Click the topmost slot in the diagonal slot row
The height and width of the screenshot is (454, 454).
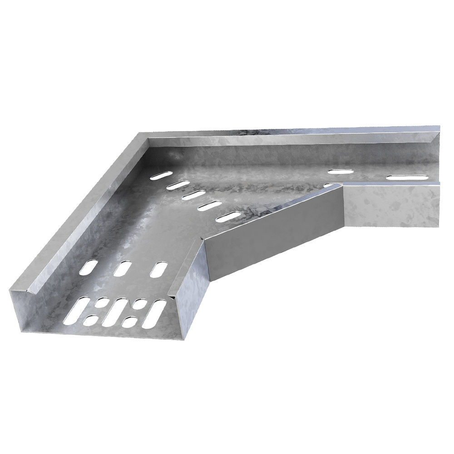(163, 175)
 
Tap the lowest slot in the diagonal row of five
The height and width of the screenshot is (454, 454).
(228, 217)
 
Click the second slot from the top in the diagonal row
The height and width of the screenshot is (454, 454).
(178, 185)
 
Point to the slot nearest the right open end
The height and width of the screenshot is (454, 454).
(406, 177)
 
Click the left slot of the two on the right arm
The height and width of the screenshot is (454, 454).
(341, 172)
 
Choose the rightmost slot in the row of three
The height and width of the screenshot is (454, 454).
(158, 270)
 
